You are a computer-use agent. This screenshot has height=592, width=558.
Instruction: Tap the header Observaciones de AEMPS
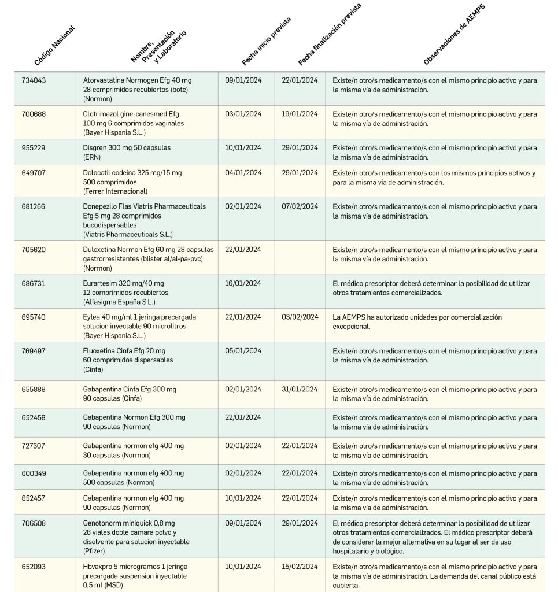tap(454, 35)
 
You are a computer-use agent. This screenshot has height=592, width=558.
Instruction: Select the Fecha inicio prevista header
tap(266, 42)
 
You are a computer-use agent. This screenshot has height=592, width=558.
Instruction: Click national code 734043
tap(34, 80)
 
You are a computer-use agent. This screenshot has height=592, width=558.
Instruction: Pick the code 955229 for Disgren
tap(34, 148)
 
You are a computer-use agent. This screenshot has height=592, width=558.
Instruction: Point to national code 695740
tap(34, 317)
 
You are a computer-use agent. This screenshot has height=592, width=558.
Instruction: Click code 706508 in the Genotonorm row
tap(34, 524)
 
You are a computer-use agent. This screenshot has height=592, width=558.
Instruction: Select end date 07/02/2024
tap(300, 206)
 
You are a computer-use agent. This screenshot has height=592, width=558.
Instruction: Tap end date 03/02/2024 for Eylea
tap(300, 317)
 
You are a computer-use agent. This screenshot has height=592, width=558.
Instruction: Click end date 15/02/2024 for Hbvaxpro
tap(300, 567)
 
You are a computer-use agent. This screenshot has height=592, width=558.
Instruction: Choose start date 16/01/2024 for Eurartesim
tap(243, 283)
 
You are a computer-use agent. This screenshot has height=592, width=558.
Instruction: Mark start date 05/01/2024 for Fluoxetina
tap(243, 351)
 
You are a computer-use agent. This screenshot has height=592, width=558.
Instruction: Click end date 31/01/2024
tap(300, 390)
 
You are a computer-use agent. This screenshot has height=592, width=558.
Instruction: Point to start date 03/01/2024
tap(243, 114)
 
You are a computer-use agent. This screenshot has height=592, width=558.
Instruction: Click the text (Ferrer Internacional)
tap(115, 191)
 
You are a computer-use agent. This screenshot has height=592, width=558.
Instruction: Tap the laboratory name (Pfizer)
tap(94, 551)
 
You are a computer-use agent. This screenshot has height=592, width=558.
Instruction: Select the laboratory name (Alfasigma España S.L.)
tap(119, 302)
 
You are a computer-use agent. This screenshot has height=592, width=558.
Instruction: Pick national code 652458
tap(34, 417)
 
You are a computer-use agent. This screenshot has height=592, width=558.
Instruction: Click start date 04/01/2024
tap(243, 173)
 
